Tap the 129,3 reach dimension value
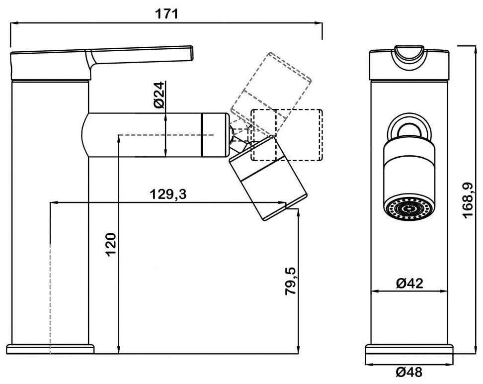[x=168, y=194]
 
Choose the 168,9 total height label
[x=467, y=200]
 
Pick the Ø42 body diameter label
[x=409, y=284]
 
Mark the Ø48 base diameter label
[x=409, y=373]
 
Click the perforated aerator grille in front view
[x=409, y=209]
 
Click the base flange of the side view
[x=50, y=349]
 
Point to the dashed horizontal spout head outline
[x=287, y=135]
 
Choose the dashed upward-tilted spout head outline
[x=271, y=82]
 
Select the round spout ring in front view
[x=409, y=127]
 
